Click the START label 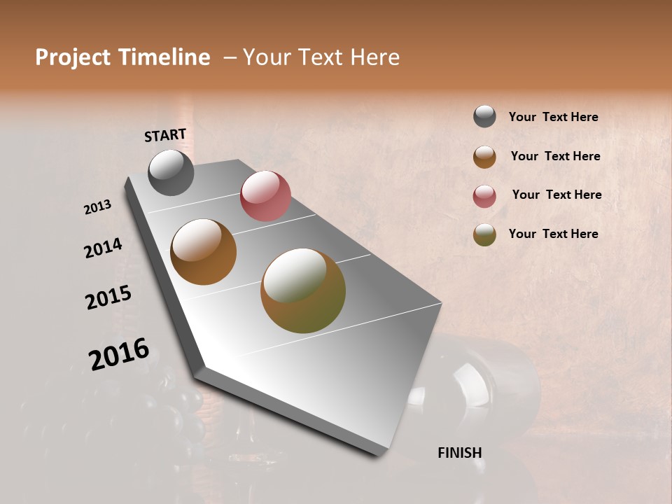[x=165, y=135]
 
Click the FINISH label [x=459, y=453]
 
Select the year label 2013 [x=98, y=207]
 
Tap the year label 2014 [x=103, y=248]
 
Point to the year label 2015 [x=108, y=297]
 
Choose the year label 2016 [x=119, y=354]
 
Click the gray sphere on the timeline [x=171, y=172]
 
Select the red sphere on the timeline [x=265, y=196]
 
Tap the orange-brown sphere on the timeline [x=203, y=252]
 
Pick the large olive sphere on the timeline [x=303, y=290]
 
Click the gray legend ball [x=484, y=117]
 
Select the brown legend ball [x=484, y=157]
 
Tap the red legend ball [x=484, y=196]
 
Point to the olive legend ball [x=484, y=235]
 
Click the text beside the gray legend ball [x=553, y=117]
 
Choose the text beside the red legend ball [x=556, y=195]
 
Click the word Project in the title [x=73, y=57]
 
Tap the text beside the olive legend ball [x=553, y=234]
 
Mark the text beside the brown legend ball [x=555, y=156]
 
